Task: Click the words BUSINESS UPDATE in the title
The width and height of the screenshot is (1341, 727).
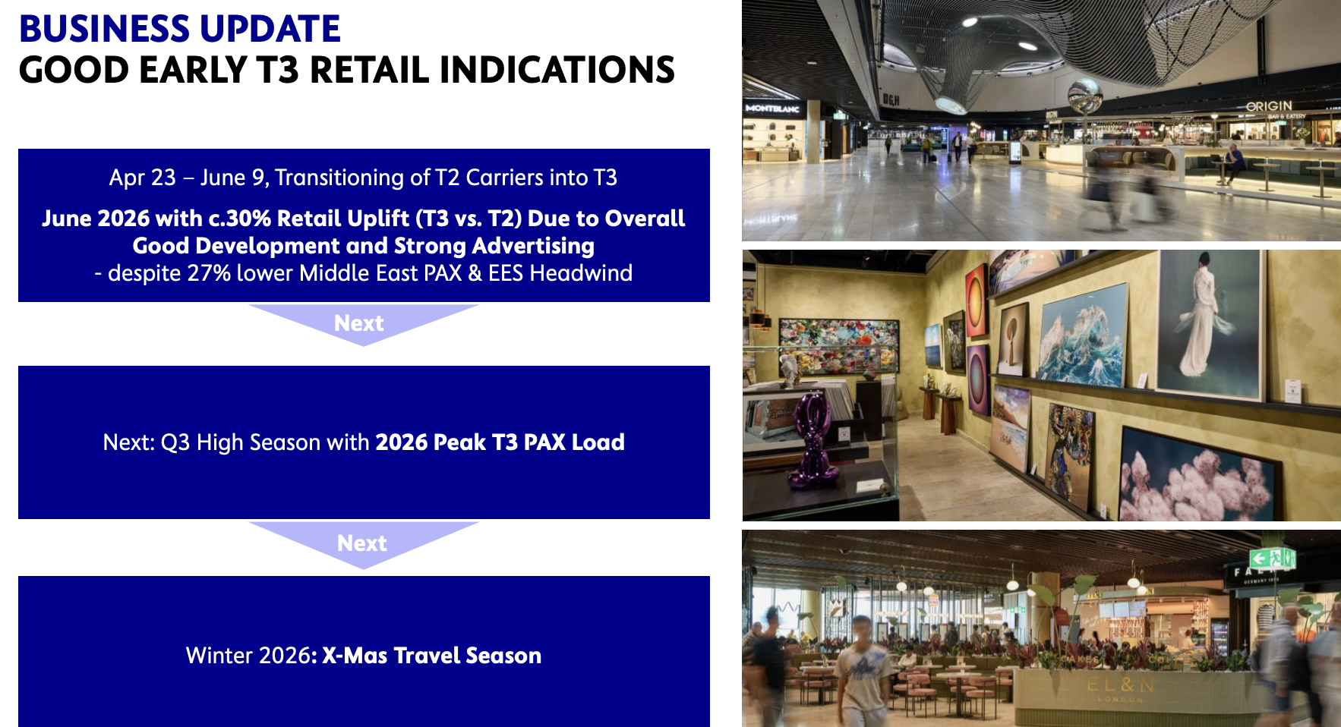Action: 180,29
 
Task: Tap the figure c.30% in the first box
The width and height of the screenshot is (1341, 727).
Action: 238,219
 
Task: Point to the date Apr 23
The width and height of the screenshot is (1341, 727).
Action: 143,178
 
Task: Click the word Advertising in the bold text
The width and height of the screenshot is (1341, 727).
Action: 533,246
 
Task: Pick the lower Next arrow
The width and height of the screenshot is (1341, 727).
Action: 363,543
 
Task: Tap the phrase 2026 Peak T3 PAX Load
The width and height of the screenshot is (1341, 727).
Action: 500,442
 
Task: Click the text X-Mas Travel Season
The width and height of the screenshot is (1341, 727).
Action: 432,656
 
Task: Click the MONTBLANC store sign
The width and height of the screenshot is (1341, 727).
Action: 772,109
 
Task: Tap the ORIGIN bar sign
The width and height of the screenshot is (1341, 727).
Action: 1269,106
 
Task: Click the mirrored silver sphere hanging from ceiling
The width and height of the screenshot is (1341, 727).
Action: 1085,97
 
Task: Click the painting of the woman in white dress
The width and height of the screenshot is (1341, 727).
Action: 1209,325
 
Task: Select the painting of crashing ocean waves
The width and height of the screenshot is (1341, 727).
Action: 1081,335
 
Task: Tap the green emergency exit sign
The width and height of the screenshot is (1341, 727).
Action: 1272,559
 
